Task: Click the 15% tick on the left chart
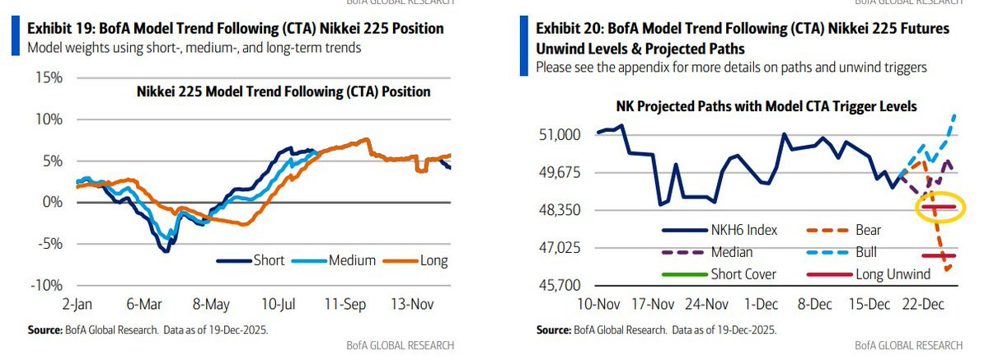[47, 78]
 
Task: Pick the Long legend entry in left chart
[433, 261]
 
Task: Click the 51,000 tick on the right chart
[560, 135]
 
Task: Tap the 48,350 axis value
[560, 210]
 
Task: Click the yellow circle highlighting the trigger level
[940, 207]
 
